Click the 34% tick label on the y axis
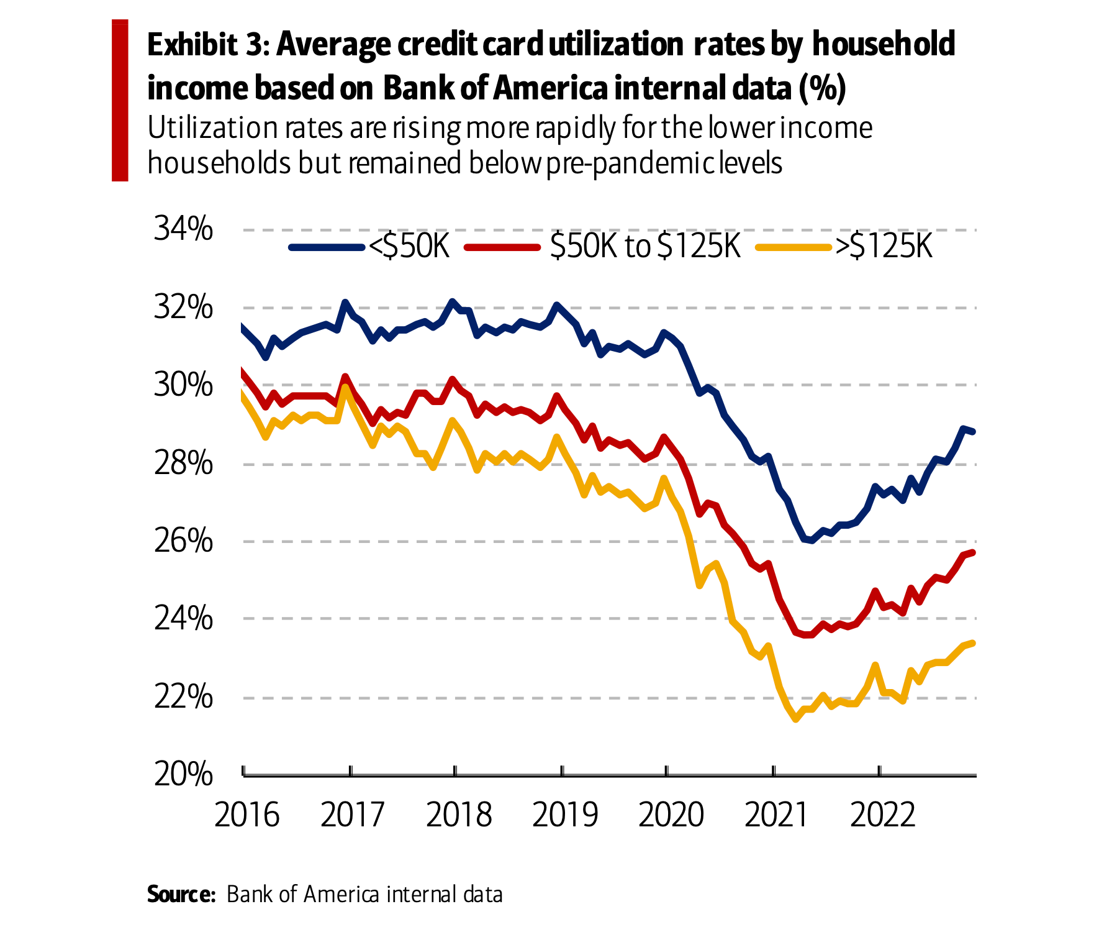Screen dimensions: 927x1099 (183, 230)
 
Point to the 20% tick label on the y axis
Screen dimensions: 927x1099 (183, 775)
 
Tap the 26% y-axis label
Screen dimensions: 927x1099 (183, 542)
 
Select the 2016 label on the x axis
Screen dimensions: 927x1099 (247, 815)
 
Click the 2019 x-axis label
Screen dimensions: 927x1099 (564, 815)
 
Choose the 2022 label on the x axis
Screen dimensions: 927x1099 (882, 815)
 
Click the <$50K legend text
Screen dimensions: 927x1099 (409, 247)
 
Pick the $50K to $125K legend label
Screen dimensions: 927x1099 (645, 247)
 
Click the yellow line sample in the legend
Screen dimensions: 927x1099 (793, 248)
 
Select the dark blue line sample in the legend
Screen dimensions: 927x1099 (326, 248)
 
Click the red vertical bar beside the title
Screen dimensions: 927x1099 (120, 100)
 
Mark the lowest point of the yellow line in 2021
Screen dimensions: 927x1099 (795, 719)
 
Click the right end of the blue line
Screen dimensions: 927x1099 (973, 431)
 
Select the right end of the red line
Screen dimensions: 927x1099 (973, 552)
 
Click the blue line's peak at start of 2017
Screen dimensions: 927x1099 (345, 303)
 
